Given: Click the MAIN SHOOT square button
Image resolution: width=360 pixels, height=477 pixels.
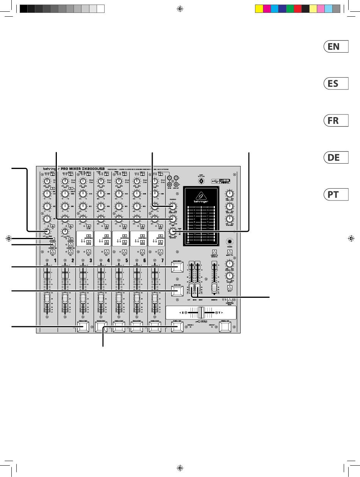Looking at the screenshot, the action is point(177,268).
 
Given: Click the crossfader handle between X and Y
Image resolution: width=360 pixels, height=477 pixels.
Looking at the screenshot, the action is point(201,313).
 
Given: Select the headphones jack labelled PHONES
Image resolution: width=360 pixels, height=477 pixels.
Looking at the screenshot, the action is point(230,241).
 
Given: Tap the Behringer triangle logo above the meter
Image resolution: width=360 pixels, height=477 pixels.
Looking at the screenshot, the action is point(201,197).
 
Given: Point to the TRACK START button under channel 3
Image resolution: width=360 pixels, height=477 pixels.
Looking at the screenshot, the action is point(83,328).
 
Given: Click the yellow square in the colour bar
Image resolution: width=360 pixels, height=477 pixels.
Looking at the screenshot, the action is point(259,8).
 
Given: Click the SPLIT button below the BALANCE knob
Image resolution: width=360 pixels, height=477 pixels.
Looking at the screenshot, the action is point(230,288).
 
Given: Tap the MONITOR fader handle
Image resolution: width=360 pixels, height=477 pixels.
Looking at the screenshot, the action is point(214,286).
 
